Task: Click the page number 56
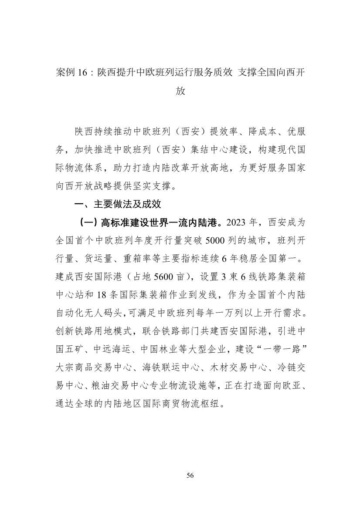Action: (190, 475)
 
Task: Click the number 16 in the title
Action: (83, 72)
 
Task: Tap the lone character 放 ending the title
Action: (180, 91)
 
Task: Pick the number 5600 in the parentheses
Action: (163, 277)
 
